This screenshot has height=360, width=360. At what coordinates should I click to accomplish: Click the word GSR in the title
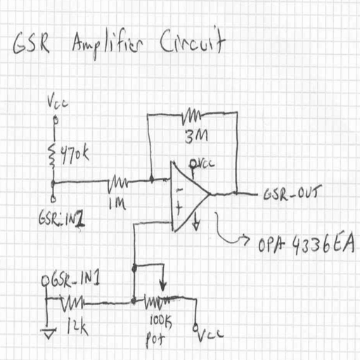31,44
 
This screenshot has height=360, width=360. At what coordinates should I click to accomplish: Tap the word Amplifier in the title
108,44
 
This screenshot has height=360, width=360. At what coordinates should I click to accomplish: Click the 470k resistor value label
75,155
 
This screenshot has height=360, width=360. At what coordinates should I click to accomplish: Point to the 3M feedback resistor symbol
191,116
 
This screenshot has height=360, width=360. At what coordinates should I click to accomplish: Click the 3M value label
196,136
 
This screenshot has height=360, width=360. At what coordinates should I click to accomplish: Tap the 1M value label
117,203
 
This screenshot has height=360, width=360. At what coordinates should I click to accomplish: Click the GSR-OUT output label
292,193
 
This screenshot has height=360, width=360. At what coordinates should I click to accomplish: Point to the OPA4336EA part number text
307,244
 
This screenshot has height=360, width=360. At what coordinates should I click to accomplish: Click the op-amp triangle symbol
190,196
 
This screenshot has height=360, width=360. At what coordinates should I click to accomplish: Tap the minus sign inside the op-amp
180,190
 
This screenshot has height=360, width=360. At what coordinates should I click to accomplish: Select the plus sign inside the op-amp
179,207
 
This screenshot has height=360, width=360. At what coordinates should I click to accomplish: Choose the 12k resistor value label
77,326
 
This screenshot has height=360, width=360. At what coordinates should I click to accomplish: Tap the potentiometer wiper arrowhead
163,287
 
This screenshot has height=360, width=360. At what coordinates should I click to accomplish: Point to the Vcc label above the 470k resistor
58,102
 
